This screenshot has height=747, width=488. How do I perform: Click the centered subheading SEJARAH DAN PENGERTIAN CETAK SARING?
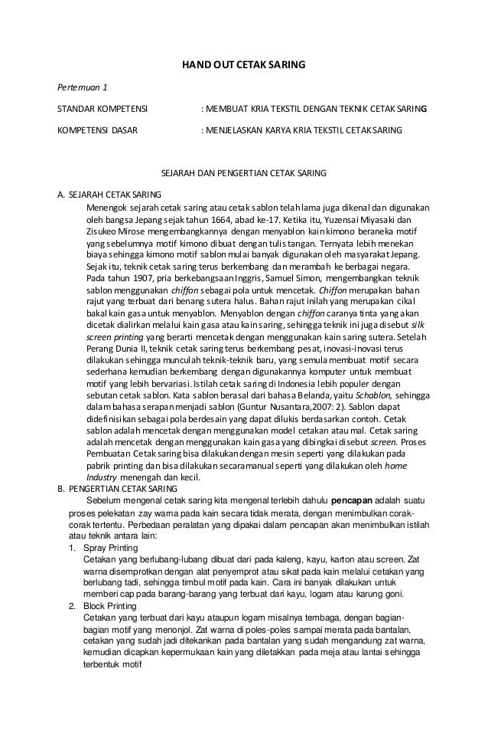(242, 174)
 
